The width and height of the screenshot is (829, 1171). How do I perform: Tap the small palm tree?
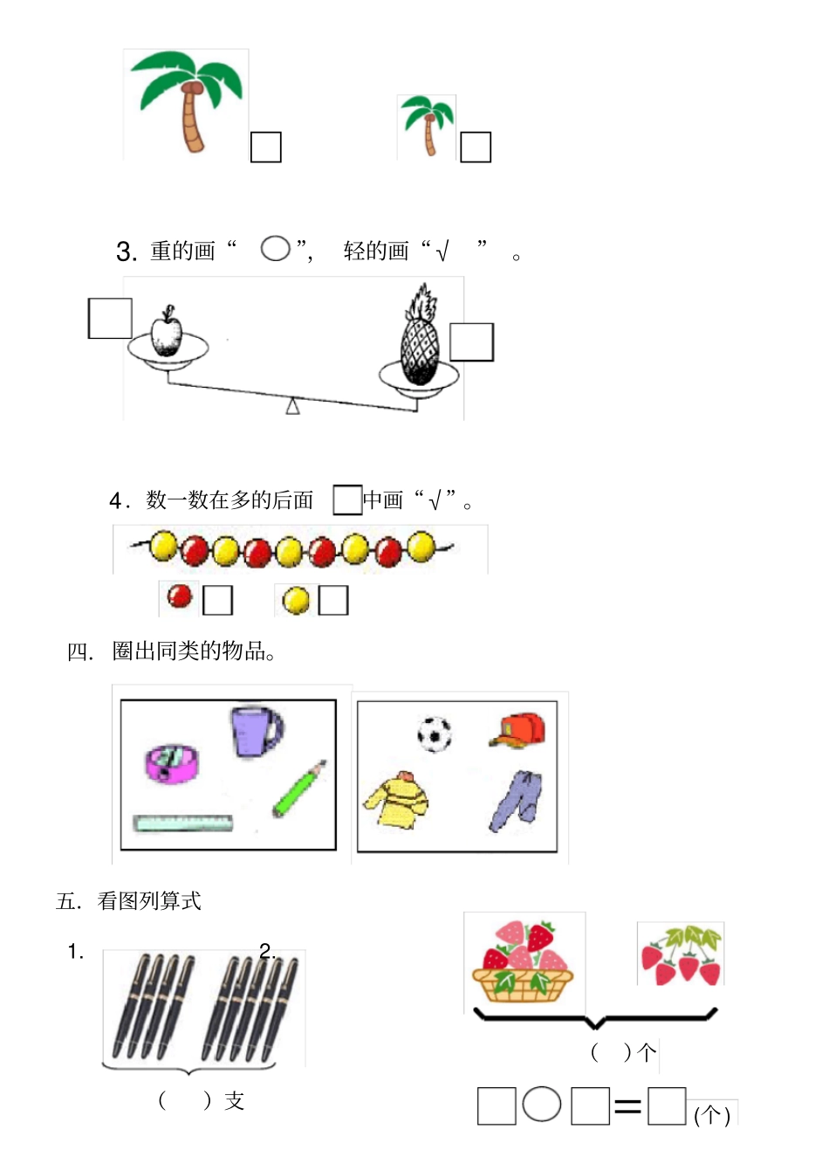(x=428, y=125)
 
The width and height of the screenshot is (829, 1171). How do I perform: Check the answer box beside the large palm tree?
(x=266, y=147)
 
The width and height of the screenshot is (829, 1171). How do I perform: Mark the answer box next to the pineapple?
(x=472, y=341)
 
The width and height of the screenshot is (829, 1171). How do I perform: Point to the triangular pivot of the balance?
(x=293, y=406)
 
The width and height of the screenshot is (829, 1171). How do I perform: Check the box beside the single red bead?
(x=217, y=600)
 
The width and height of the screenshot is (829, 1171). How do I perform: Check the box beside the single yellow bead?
(x=333, y=600)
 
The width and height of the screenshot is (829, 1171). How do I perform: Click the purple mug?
(x=255, y=731)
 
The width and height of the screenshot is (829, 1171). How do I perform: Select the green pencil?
(x=299, y=789)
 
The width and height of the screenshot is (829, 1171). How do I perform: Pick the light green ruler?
(x=183, y=823)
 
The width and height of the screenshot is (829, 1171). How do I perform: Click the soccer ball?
(x=435, y=734)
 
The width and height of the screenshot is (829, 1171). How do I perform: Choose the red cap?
(x=518, y=731)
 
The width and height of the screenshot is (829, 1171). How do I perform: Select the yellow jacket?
(x=398, y=798)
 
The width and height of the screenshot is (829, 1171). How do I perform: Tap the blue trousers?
(x=517, y=800)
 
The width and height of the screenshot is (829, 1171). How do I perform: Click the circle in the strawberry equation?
(x=542, y=1105)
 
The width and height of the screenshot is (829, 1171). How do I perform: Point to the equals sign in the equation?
(x=627, y=1107)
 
